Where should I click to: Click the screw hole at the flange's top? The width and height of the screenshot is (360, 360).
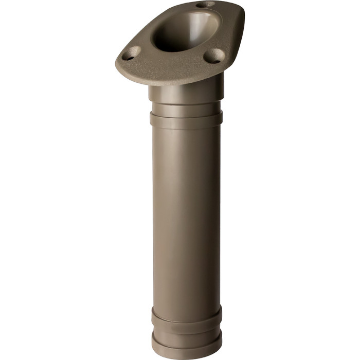point(206,4)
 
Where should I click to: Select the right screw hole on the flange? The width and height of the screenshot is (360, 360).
point(213,55)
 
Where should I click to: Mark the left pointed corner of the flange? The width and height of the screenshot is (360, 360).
point(118,64)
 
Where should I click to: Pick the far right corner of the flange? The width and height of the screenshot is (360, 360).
point(242,21)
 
